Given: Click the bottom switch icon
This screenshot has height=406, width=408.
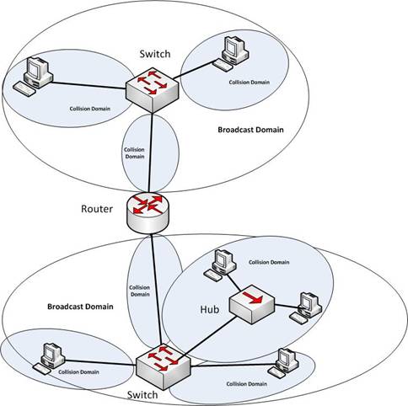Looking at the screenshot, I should click(x=164, y=364).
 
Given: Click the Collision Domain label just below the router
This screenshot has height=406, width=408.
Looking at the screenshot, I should click(x=140, y=290).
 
